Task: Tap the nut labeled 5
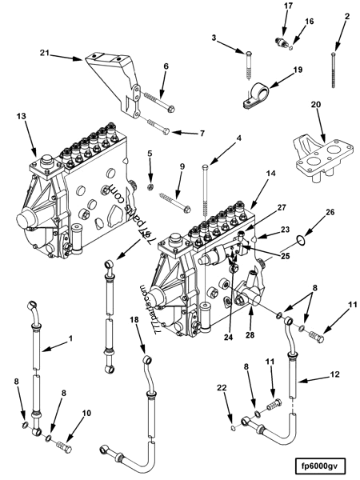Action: click(x=150, y=186)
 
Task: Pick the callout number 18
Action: click(x=134, y=319)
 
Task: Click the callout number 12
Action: click(x=334, y=374)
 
